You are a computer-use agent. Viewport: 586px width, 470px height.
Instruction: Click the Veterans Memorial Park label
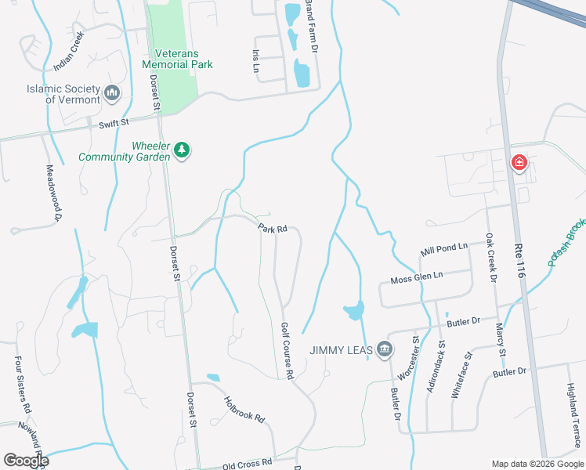coord(179,65)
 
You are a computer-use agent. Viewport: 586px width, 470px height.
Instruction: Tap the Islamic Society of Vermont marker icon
coord(112,94)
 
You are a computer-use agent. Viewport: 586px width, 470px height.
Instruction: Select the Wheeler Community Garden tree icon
coord(182,150)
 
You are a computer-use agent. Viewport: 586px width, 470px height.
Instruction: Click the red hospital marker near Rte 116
coord(518,163)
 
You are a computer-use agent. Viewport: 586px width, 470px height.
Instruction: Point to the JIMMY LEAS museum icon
coord(384,349)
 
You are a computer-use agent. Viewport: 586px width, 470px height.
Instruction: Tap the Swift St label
coord(114,124)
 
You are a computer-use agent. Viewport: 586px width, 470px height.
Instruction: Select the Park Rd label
coord(273,229)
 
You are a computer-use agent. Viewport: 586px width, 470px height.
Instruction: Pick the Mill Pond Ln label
coord(443,248)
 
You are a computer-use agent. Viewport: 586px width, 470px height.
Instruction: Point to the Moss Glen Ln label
coord(417,277)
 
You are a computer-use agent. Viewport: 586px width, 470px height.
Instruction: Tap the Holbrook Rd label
coord(244,407)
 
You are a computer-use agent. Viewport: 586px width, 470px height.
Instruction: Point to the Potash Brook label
coord(566,240)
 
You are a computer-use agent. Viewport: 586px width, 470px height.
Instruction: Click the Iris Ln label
coord(255,61)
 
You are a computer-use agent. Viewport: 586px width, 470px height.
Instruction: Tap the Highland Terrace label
coord(575,419)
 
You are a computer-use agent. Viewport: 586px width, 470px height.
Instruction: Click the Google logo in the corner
coord(26,460)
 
